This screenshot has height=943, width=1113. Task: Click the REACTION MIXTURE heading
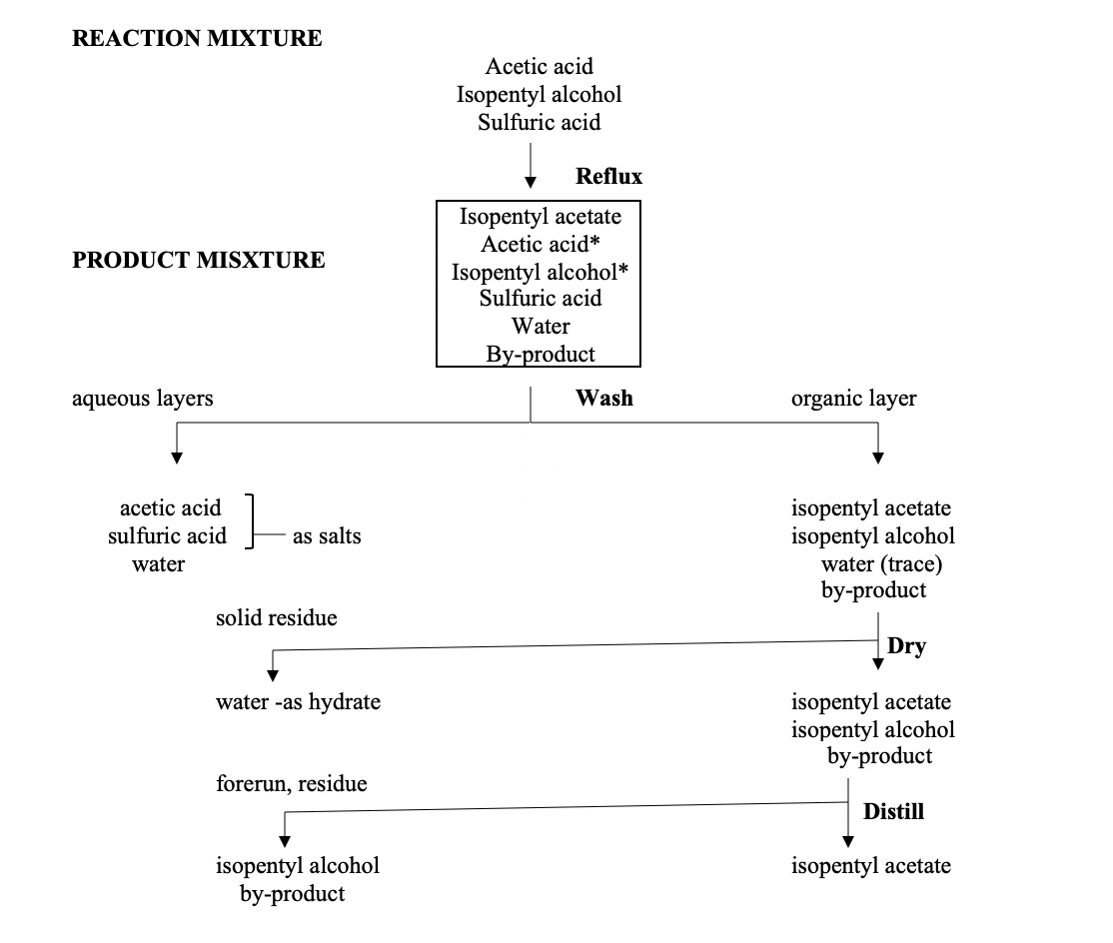[x=197, y=39]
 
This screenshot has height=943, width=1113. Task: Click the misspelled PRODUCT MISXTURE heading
[x=199, y=261]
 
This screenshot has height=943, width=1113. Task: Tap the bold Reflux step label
[x=608, y=177]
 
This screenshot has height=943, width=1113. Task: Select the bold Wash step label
[x=603, y=398]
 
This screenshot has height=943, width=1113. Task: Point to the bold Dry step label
[x=906, y=646]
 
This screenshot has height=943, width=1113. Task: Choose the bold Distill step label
[x=893, y=811]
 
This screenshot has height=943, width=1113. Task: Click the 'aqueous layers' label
[x=143, y=399]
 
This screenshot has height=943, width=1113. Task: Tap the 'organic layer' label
[x=853, y=399]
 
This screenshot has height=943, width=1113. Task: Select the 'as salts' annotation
[x=327, y=536]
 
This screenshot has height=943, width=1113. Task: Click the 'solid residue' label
[x=277, y=618]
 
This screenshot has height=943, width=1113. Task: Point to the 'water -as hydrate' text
[x=298, y=701]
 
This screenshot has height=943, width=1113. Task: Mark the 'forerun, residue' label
[x=292, y=784]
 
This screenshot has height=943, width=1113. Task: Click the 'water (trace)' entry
[x=881, y=564]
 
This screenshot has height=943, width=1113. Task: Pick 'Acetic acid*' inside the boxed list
[x=540, y=244]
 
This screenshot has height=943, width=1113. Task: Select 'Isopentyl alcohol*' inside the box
[x=540, y=272]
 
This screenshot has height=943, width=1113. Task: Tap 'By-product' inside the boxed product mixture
[x=540, y=354]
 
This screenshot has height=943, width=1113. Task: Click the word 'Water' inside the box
[x=541, y=327]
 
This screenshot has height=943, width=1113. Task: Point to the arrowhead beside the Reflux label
[x=531, y=181]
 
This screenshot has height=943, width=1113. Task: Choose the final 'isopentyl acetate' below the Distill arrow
[x=871, y=866]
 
